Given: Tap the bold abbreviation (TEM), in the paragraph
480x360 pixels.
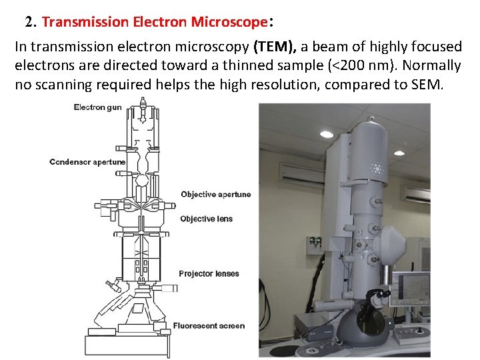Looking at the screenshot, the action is pos(275,47).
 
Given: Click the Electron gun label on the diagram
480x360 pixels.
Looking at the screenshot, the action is pos(97,107).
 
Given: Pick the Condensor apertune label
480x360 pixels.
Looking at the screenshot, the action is pos(87,162).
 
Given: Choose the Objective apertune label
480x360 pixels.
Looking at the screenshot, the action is pos(216,195).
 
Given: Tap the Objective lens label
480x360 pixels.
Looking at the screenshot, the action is pos(207,219).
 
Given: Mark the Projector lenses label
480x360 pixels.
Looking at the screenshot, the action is pos(209,273).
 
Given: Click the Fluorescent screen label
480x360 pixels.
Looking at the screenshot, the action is pos(209,326).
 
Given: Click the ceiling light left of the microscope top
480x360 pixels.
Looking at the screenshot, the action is pos(327,133).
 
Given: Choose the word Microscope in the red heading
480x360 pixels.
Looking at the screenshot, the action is pos(229,21).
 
